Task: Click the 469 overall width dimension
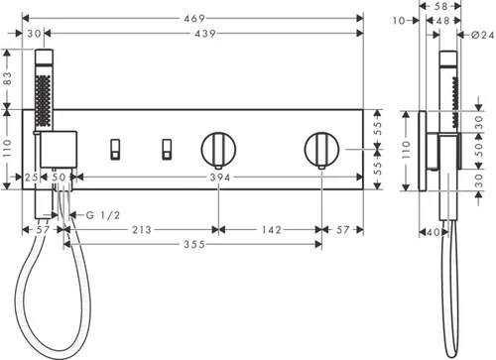(x=194, y=19)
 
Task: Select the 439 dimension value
(x=205, y=34)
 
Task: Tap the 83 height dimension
(x=7, y=78)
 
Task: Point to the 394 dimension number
(x=220, y=178)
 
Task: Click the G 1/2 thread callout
(x=103, y=215)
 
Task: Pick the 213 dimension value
(x=142, y=230)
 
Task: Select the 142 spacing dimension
(x=272, y=230)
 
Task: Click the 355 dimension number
(x=194, y=245)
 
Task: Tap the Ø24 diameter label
(x=483, y=35)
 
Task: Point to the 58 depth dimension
(x=440, y=6)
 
